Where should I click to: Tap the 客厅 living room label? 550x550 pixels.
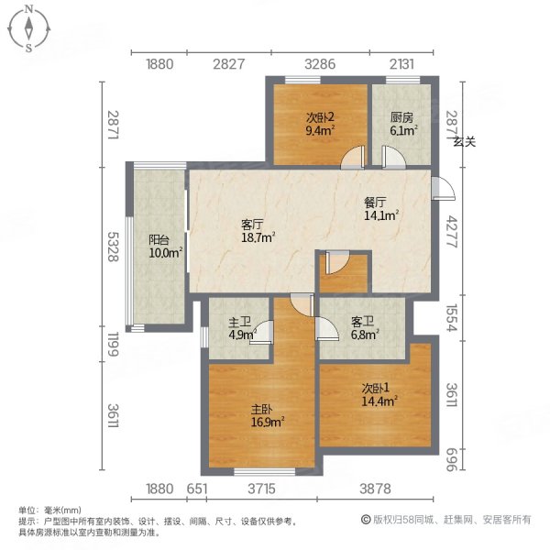(x=252, y=224)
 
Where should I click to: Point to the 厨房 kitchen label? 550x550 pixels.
(x=401, y=117)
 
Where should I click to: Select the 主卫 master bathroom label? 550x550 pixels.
(x=239, y=322)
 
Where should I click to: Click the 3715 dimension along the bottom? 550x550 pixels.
(x=263, y=488)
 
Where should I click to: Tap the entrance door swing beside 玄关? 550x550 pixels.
(x=443, y=187)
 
